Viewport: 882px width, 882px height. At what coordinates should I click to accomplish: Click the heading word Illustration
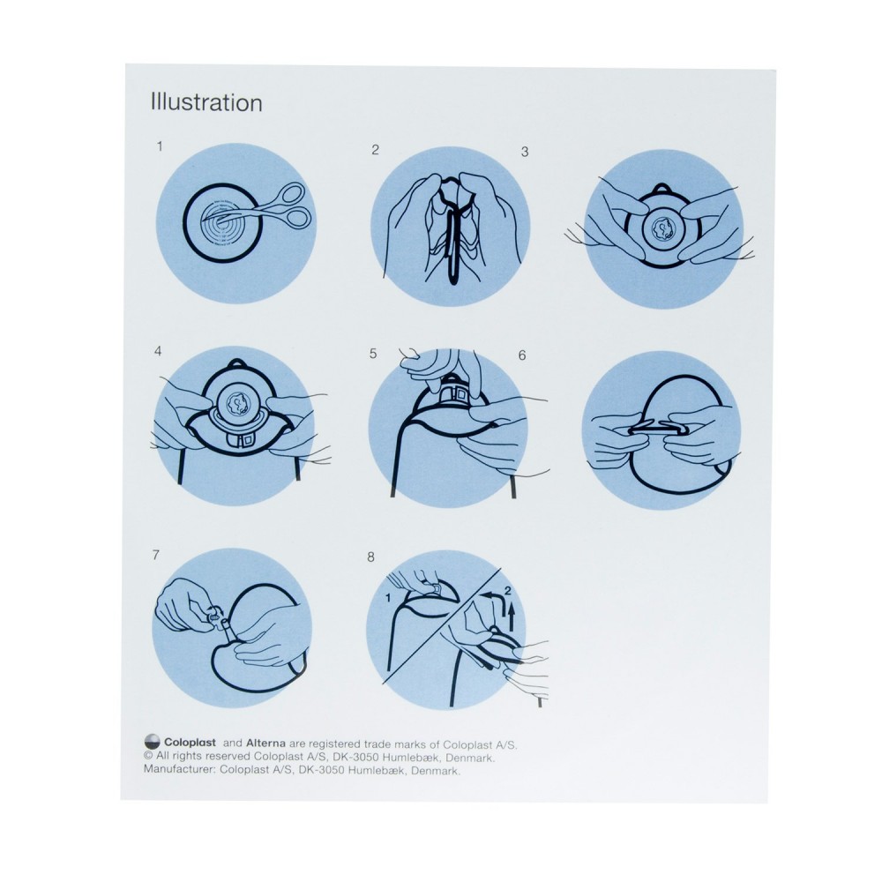point(206,103)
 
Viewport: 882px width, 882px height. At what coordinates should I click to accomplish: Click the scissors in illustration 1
point(265,209)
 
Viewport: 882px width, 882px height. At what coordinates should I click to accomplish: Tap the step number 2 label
point(375,150)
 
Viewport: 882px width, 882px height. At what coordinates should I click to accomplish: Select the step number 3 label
point(525,152)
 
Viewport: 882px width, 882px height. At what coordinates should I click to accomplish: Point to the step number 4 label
point(158,352)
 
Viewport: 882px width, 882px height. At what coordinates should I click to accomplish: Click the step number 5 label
point(373,354)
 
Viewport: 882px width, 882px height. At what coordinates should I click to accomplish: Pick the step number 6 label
point(522,355)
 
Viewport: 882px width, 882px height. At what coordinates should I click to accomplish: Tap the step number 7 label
point(156,555)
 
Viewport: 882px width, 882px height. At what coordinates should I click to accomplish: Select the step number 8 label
point(370,557)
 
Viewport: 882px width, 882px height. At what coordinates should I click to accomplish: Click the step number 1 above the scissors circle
point(160,146)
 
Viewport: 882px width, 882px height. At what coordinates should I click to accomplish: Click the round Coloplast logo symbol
point(152,742)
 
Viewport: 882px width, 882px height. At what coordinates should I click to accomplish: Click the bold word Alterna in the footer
point(265,744)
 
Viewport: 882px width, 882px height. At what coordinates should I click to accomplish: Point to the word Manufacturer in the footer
point(179,770)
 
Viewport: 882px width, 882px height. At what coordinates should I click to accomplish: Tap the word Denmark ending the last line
point(436,771)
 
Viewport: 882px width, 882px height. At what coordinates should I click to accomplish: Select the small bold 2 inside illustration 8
point(508,591)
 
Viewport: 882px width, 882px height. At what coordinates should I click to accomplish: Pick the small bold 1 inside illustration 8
point(388,599)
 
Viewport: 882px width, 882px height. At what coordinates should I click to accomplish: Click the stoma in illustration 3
point(662,228)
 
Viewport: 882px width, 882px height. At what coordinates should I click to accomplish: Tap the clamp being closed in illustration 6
point(658,429)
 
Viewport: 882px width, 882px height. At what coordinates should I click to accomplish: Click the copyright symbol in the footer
point(148,757)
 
